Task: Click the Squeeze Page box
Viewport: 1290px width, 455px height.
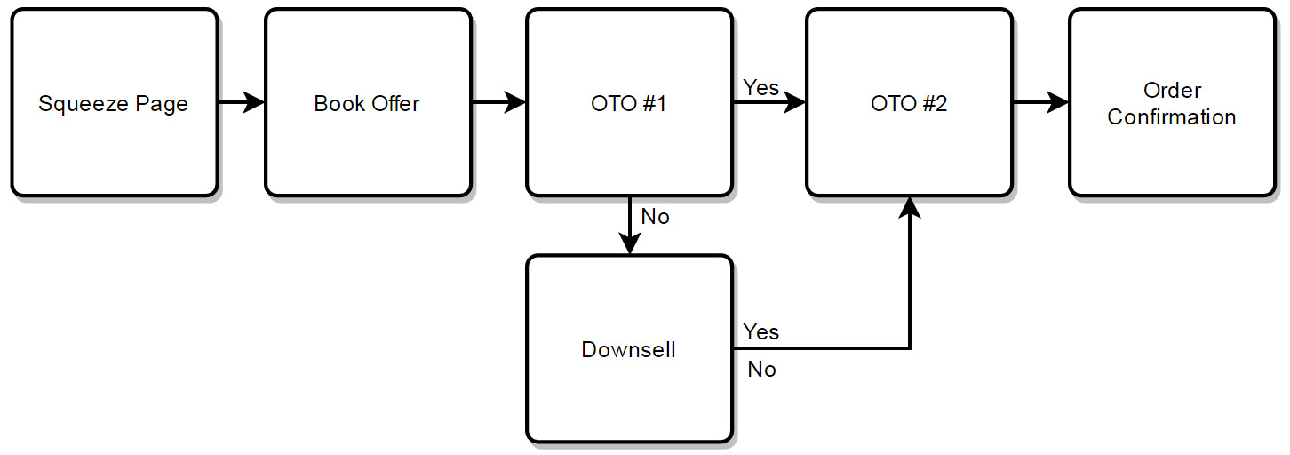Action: (114, 102)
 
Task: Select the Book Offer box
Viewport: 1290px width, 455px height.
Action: (368, 102)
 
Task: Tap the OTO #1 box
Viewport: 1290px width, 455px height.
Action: (629, 102)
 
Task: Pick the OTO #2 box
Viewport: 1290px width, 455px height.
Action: (909, 102)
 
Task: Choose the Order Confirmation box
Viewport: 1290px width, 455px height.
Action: (1172, 102)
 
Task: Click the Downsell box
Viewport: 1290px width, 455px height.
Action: (629, 349)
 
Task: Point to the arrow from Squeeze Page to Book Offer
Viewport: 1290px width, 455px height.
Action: (242, 102)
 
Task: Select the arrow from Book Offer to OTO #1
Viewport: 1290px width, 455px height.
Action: (498, 102)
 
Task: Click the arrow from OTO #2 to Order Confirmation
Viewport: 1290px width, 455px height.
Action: (1040, 102)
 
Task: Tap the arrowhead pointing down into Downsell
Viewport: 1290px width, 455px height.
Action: (629, 243)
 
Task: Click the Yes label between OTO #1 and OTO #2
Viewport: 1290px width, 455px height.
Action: (760, 88)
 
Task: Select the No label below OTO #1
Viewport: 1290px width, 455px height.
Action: (656, 217)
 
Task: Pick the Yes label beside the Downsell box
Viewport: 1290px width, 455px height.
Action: (760, 331)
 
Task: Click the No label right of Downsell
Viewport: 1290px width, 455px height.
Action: (761, 369)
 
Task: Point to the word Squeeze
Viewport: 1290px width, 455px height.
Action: (84, 105)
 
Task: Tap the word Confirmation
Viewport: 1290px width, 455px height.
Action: (1171, 117)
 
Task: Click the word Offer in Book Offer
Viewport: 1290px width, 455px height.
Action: (395, 104)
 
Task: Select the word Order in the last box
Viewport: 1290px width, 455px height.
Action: (1172, 90)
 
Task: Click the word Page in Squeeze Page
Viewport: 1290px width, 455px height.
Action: (162, 105)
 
